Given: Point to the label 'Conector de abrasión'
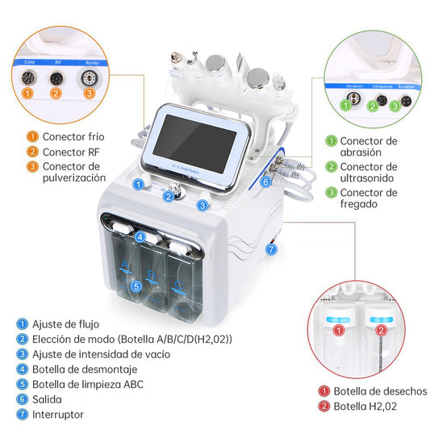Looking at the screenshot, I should point(368,148).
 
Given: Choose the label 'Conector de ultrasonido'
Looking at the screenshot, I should point(368,173).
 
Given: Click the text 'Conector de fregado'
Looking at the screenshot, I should point(368,199).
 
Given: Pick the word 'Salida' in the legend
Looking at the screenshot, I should point(48,399).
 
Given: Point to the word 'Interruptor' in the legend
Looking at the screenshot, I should point(58,415).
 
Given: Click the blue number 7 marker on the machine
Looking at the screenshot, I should point(271,249).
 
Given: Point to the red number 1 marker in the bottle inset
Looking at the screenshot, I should point(339,330).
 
